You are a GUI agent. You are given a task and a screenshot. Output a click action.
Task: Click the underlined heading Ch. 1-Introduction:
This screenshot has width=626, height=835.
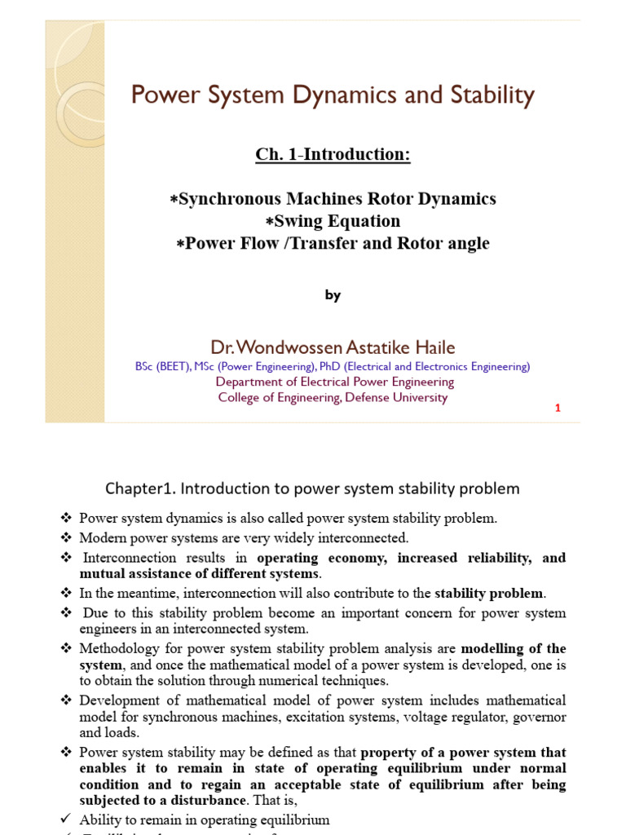point(333,154)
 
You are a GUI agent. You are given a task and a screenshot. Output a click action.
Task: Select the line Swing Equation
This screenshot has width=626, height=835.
point(333,221)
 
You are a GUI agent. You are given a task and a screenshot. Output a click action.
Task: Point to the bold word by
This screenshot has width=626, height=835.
point(333,296)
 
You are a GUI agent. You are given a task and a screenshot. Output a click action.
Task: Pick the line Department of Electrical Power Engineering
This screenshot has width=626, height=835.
point(335,382)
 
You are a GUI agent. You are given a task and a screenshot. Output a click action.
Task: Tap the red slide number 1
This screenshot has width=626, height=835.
point(558,408)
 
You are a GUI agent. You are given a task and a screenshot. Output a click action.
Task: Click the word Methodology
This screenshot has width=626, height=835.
point(118,648)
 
